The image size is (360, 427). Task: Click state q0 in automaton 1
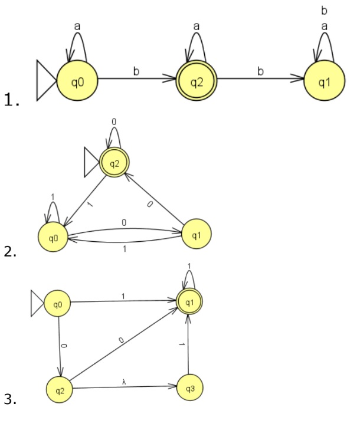[77, 80]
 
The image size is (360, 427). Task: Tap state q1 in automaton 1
[324, 80]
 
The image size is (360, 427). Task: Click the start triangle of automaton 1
[46, 80]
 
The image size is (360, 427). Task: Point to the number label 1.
[9, 101]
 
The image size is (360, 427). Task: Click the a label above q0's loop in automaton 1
[77, 27]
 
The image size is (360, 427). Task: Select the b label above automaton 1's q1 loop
[323, 11]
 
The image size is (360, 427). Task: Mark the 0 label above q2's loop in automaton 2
[114, 121]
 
